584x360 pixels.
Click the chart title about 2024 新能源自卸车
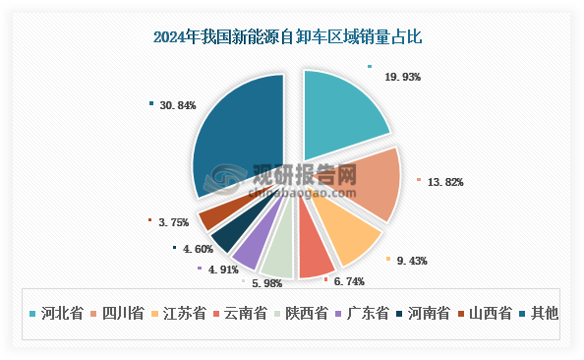pyautogui.click(x=292, y=37)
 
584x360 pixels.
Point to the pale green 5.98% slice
pyautogui.click(x=279, y=258)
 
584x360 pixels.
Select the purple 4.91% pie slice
pyautogui.click(x=248, y=250)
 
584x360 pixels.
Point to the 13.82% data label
pyautogui.click(x=445, y=183)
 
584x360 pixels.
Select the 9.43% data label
pyautogui.click(x=412, y=261)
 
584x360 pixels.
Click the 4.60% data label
pyautogui.click(x=197, y=251)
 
